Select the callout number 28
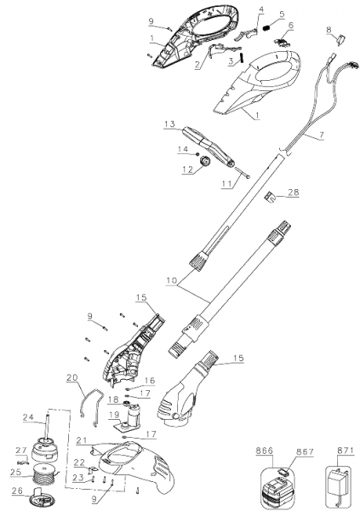[x=294, y=192]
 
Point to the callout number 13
[x=170, y=124]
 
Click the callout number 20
[x=72, y=377]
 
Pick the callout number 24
[x=28, y=416]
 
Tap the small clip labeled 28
[x=270, y=197]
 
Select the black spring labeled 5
[x=267, y=28]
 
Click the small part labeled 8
[x=341, y=40]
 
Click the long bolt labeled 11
[x=242, y=172]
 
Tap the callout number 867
[x=306, y=451]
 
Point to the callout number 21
[x=82, y=440]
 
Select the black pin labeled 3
[x=242, y=58]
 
